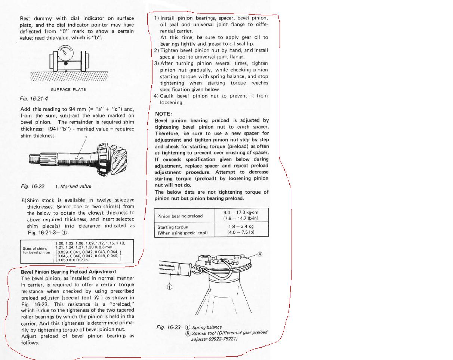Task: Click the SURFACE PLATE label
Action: [68, 90]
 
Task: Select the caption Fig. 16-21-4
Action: [34, 98]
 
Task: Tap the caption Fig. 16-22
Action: [33, 186]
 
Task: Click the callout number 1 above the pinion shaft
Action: [86, 137]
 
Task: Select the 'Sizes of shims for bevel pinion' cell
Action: [37, 250]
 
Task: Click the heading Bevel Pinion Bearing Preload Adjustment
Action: [68, 272]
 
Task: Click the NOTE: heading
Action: [163, 114]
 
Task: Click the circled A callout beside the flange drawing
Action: [260, 254]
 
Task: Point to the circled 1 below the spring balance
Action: [169, 287]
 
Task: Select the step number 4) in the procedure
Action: [157, 96]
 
